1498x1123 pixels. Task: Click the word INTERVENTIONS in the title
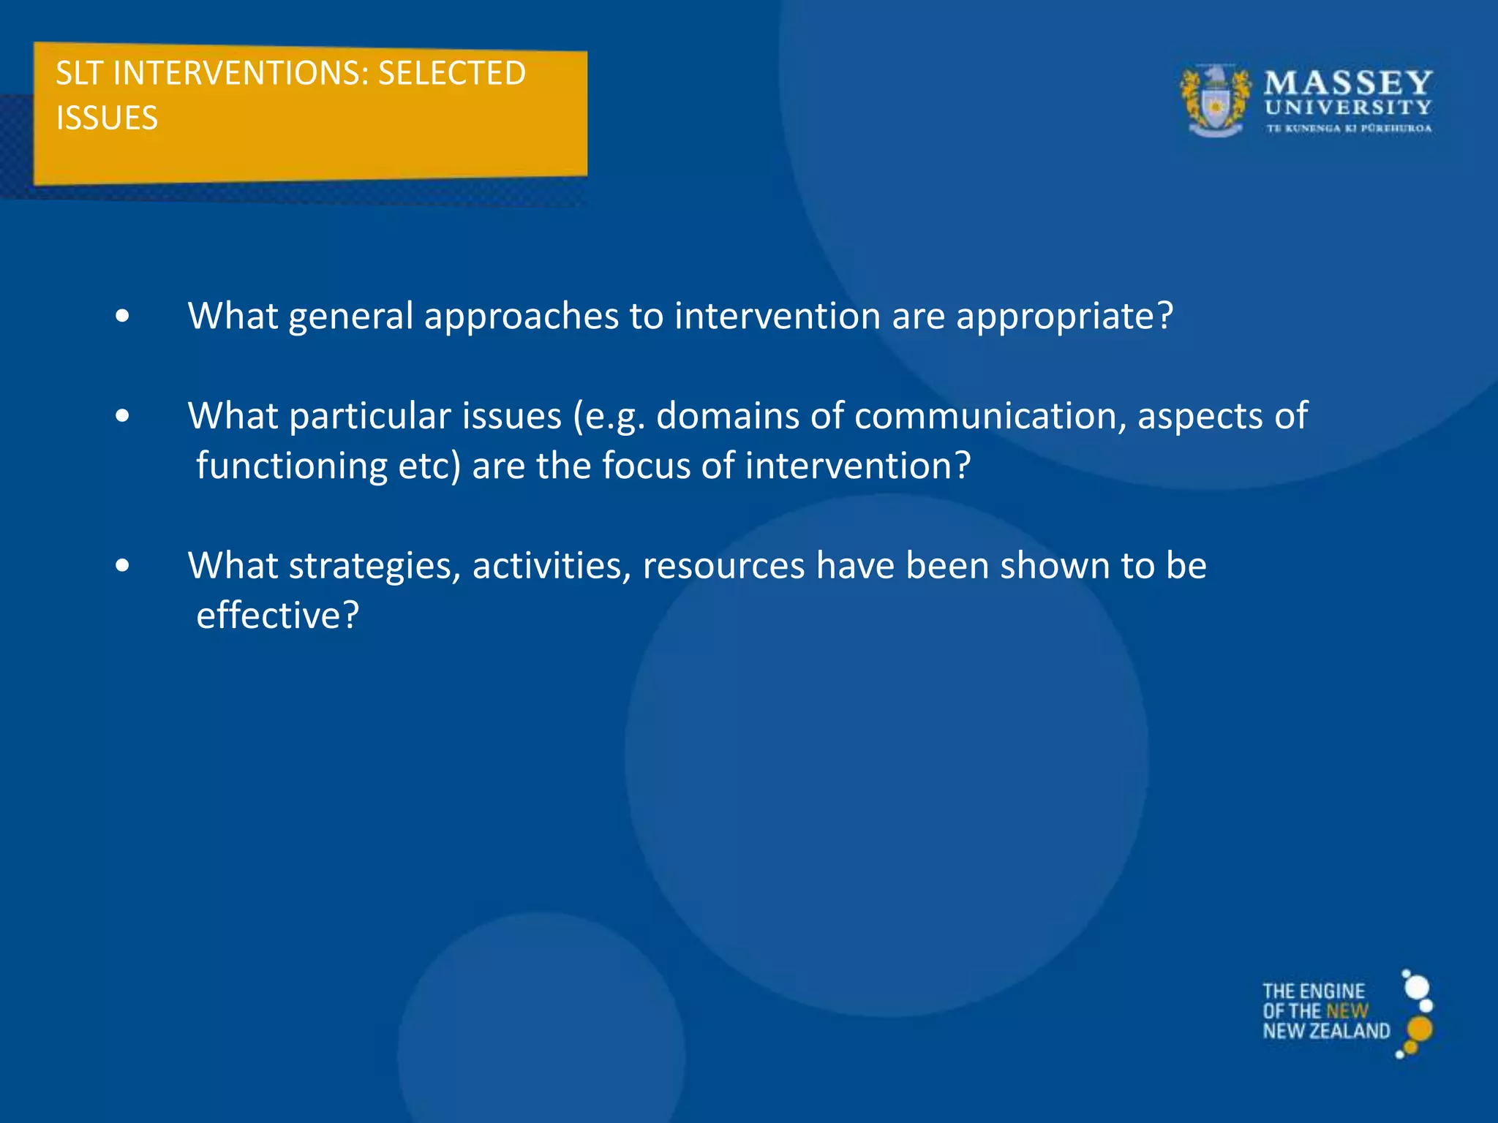[241, 74]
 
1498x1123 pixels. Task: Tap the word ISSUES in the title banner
[107, 118]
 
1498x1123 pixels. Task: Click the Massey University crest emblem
[1216, 101]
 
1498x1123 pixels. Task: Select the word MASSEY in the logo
[1348, 83]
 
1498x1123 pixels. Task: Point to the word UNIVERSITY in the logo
[1348, 107]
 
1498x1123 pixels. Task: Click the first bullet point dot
[122, 317]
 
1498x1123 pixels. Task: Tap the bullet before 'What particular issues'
[122, 416]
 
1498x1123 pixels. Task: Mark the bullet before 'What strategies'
[122, 566]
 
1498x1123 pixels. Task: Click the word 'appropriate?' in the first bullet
[1064, 317]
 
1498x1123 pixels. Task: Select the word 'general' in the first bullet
[351, 317]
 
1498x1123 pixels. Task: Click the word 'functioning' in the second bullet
[292, 466]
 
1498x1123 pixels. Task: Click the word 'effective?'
[278, 616]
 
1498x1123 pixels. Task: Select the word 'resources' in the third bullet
[723, 566]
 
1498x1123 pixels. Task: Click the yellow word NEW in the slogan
[1347, 1011]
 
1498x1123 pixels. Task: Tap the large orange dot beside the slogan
[1420, 1029]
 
